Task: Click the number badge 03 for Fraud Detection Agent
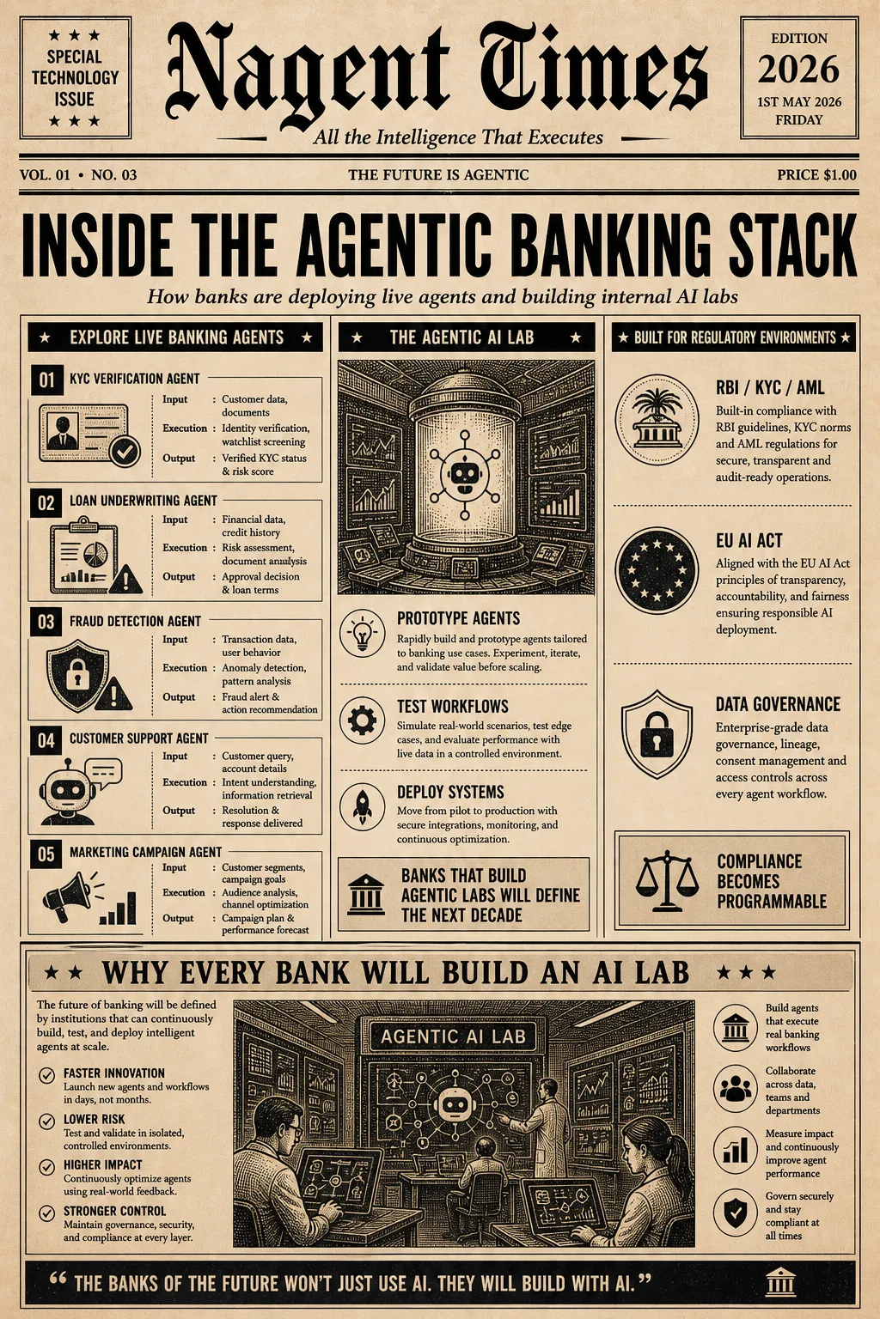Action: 46,622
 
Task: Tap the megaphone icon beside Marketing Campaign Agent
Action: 70,897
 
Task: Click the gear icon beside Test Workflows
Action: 363,720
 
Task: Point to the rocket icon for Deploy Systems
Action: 363,806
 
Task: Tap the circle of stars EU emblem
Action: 657,570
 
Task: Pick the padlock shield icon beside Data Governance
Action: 657,734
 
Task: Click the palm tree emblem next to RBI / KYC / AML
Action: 657,420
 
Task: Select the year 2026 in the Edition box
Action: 798,70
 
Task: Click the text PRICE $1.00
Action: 816,175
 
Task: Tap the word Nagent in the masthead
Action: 308,74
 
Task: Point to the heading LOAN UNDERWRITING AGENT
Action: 144,501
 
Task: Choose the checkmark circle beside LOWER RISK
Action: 47,1121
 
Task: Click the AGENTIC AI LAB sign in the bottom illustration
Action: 453,1036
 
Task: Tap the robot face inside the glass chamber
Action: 465,473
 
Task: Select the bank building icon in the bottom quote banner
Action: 780,1282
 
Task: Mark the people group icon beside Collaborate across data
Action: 735,1088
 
